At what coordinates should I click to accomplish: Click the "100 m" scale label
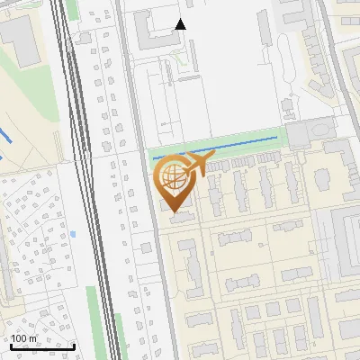coord(24,338)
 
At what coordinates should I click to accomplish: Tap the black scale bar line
coord(41,346)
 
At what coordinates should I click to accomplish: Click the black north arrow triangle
coord(181,24)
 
